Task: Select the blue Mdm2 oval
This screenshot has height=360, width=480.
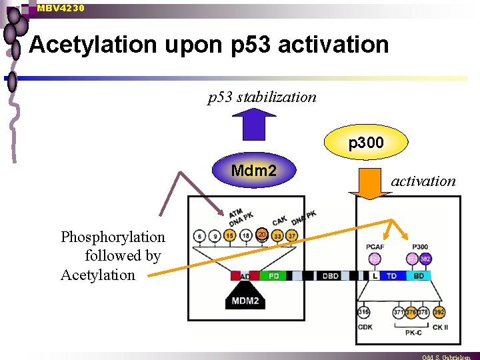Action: (x=253, y=171)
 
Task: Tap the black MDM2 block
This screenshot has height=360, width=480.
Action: (x=245, y=299)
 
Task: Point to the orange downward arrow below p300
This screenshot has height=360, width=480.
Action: (x=375, y=183)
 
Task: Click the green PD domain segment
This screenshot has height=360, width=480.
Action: (x=273, y=275)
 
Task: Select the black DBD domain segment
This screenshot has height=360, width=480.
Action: (x=330, y=275)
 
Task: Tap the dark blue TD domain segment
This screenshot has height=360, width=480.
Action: (x=392, y=275)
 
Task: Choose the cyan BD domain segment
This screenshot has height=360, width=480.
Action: (x=419, y=275)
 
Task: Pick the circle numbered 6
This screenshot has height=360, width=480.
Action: (x=199, y=236)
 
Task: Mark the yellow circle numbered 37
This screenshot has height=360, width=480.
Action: (x=291, y=236)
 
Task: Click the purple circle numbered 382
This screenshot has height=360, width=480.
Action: (x=425, y=259)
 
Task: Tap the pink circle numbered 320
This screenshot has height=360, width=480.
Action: (x=374, y=259)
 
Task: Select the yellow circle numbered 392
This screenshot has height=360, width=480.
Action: (x=439, y=312)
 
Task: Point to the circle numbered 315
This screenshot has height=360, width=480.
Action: (x=363, y=312)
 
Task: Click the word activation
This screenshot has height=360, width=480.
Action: (x=423, y=181)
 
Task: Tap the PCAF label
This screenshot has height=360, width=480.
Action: (x=375, y=247)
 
